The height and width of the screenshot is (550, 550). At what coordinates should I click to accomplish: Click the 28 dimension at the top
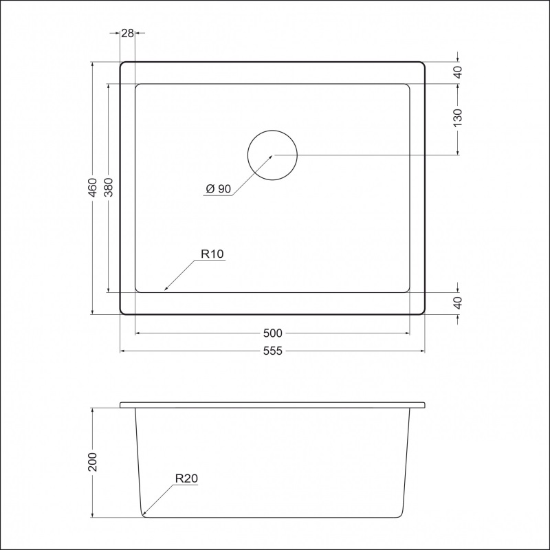coord(126,32)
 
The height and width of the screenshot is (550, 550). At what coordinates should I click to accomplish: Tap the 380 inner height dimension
coord(108,188)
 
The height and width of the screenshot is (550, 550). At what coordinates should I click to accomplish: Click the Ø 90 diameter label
coord(217,190)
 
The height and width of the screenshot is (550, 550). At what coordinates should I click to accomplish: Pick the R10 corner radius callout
coord(212,254)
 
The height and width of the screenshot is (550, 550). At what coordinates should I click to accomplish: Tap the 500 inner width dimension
coord(273,333)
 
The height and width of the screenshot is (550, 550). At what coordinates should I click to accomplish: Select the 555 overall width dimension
coord(273,351)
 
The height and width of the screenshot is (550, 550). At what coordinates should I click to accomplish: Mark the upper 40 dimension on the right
coord(459,72)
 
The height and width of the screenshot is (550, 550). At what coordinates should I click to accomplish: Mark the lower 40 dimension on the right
coord(459,302)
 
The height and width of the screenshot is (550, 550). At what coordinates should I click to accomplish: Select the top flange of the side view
coord(273,405)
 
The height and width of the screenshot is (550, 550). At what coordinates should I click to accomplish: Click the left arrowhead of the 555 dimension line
coord(124,351)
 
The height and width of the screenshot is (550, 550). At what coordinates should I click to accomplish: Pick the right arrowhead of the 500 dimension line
coord(408,333)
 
